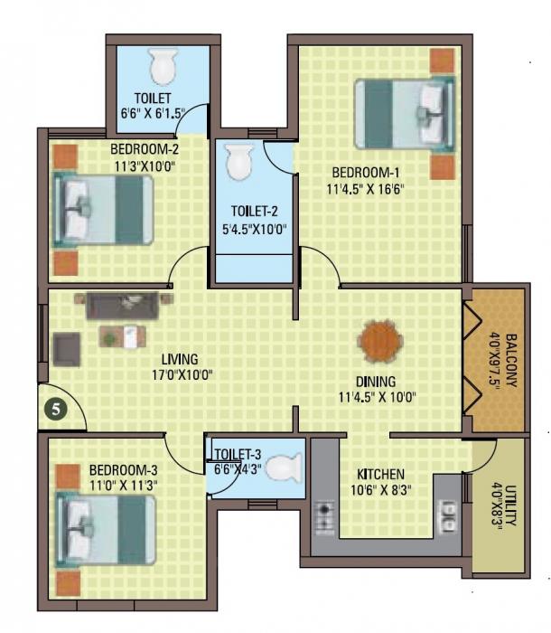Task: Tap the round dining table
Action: pyautogui.click(x=378, y=343)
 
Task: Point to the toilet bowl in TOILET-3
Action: pyautogui.click(x=285, y=467)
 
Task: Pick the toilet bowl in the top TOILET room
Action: pyautogui.click(x=163, y=65)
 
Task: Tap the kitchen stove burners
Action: pyautogui.click(x=326, y=517)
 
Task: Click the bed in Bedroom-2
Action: pyautogui.click(x=102, y=207)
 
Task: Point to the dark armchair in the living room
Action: pyautogui.click(x=66, y=348)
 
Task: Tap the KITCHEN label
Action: pyautogui.click(x=379, y=475)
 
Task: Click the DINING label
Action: pyautogui.click(x=375, y=382)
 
